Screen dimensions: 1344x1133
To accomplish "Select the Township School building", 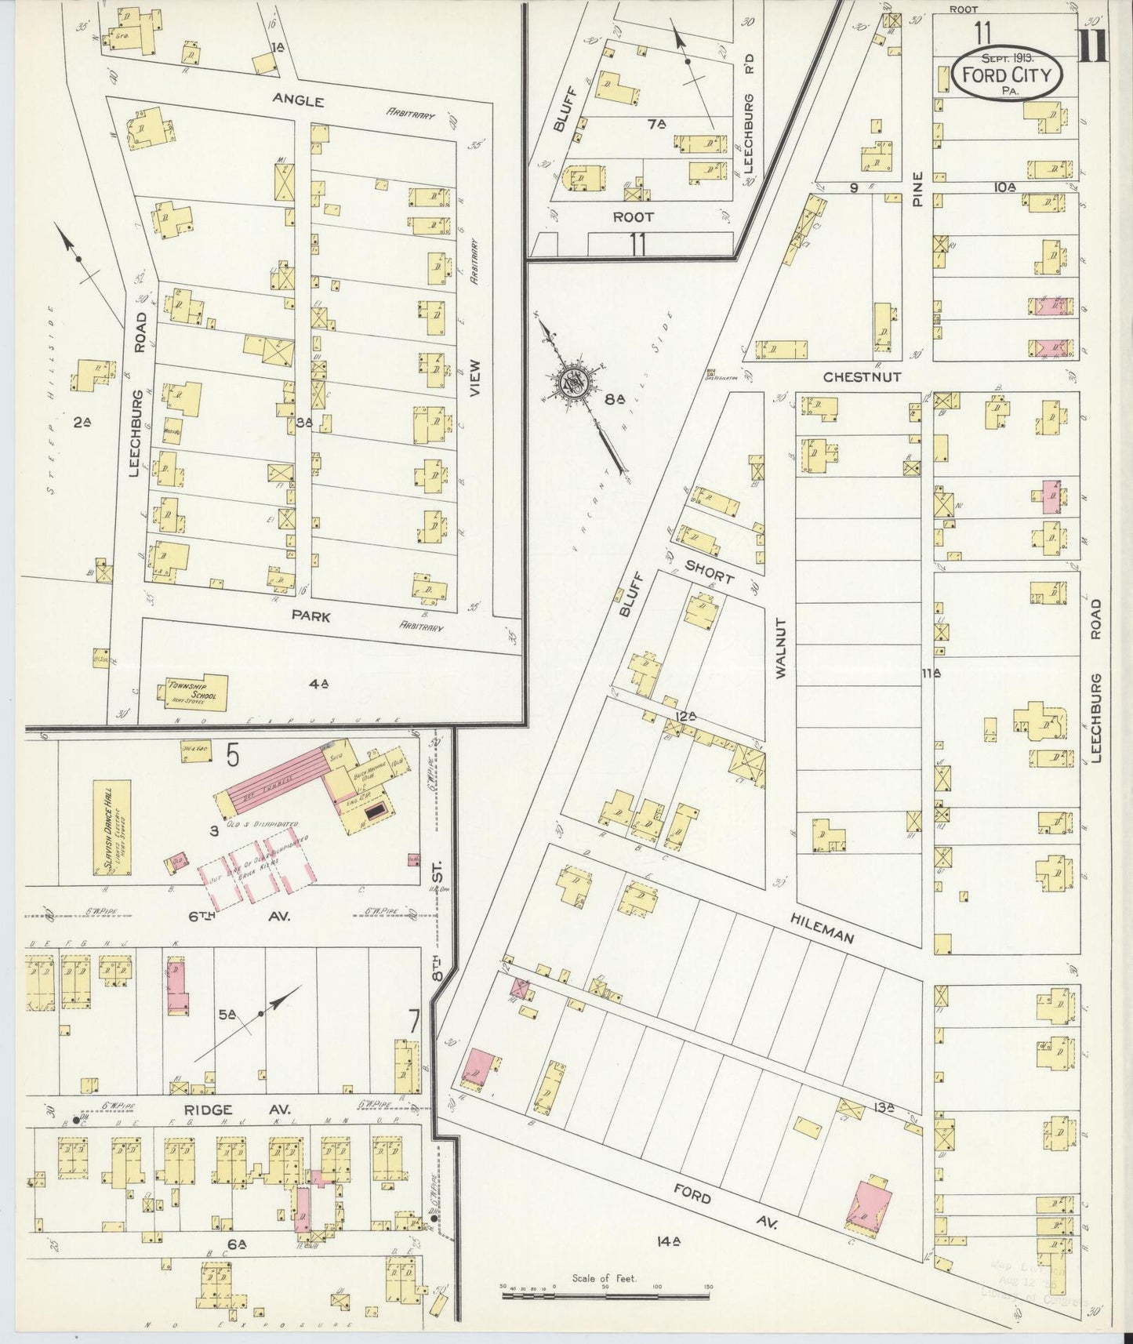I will pos(194,692).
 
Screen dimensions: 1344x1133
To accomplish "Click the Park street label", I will pos(310,616).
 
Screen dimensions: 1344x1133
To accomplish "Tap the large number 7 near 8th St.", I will pos(413,1023).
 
